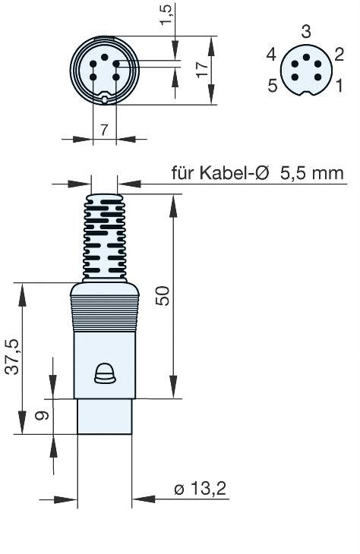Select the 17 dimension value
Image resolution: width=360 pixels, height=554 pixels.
(201, 71)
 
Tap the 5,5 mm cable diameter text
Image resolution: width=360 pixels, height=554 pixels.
(311, 173)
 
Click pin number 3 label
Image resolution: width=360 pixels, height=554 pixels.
(305, 32)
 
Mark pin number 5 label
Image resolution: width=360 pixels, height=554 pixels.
(272, 84)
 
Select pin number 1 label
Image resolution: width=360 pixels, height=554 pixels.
(339, 84)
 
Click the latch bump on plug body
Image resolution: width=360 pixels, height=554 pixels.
(103, 371)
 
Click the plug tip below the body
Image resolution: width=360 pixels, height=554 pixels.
(105, 416)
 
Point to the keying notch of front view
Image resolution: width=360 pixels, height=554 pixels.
(104, 97)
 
